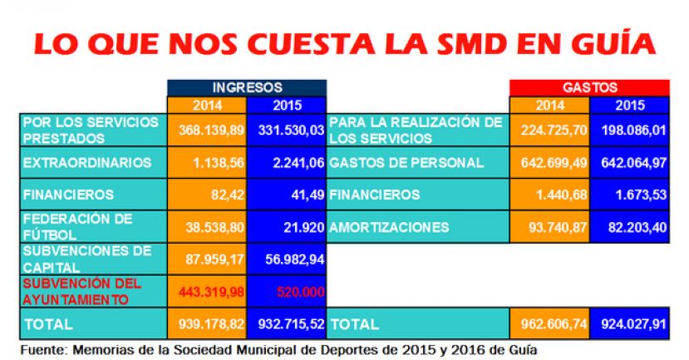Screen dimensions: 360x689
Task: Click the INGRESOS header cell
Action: click(247, 86)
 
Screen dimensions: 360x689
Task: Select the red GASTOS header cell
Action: click(589, 86)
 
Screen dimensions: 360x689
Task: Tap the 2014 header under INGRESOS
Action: click(207, 106)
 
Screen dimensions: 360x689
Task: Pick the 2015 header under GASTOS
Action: click(629, 106)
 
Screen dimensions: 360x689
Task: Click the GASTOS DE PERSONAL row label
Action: click(406, 162)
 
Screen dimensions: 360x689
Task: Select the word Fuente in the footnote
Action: click(42, 348)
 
